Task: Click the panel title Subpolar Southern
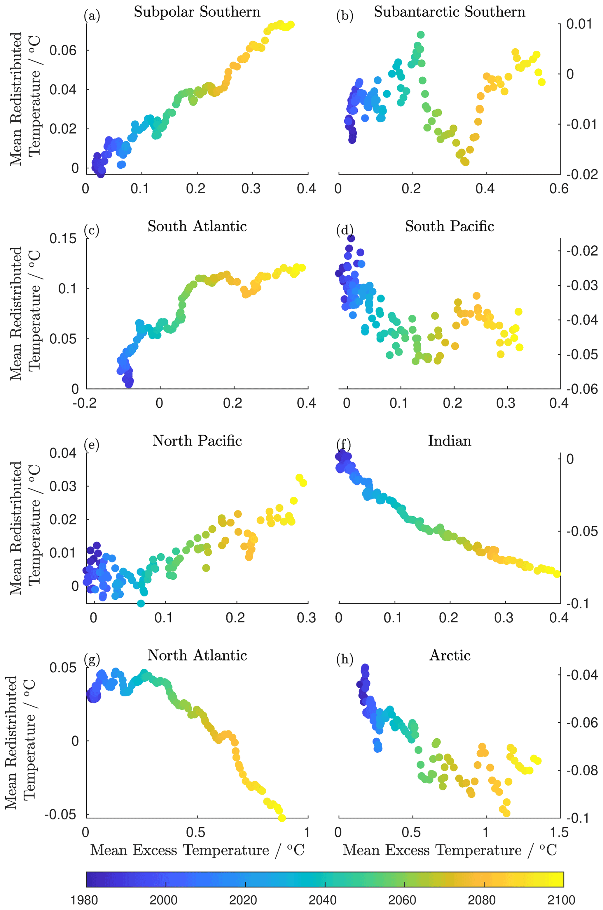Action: [x=197, y=12]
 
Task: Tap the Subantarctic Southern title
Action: [x=450, y=12]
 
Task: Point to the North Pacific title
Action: [x=197, y=441]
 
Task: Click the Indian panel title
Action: [x=450, y=441]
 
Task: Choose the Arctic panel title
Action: [x=450, y=655]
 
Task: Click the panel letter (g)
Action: [x=92, y=659]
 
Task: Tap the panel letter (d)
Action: [x=345, y=230]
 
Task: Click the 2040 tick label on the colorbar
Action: [x=322, y=900]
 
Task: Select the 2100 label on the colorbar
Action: [x=562, y=900]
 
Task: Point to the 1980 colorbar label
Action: [x=85, y=900]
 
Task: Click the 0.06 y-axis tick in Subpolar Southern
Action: [x=63, y=50]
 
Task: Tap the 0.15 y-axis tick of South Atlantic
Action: [x=63, y=239]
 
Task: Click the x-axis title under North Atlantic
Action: [x=197, y=850]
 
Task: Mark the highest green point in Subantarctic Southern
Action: [x=420, y=35]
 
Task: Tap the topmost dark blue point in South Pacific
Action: [x=351, y=238]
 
